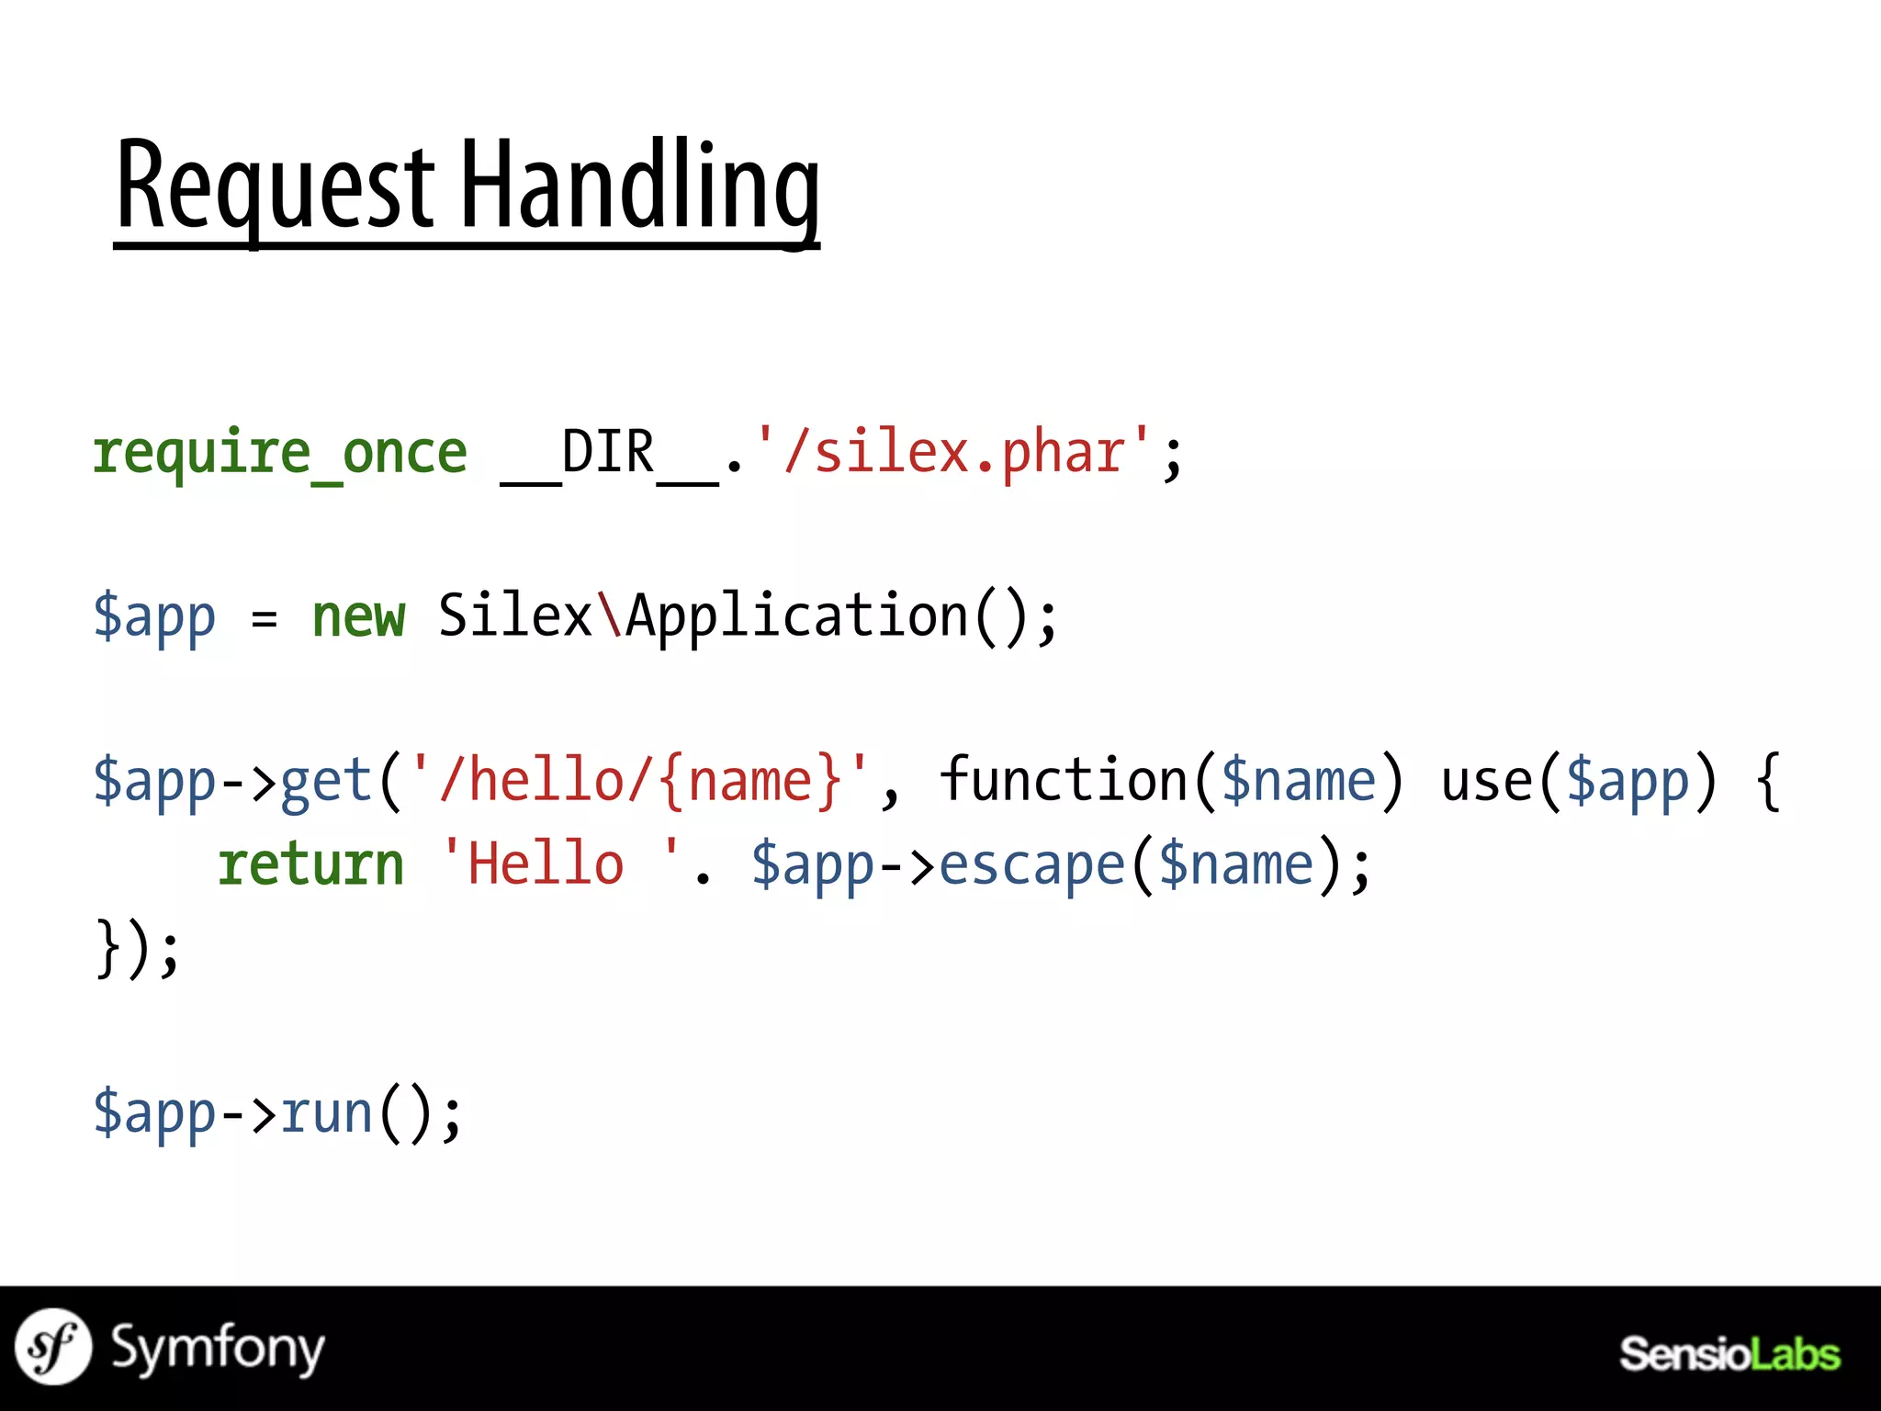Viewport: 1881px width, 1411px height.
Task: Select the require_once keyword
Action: [280, 453]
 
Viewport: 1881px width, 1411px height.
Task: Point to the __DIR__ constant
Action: [608, 453]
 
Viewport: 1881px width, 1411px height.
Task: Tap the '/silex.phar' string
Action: [952, 452]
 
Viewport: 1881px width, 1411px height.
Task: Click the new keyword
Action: [358, 616]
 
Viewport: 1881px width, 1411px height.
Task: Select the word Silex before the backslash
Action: [514, 615]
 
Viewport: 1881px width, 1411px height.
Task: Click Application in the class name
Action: [796, 616]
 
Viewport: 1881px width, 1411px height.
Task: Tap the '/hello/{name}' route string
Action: [639, 781]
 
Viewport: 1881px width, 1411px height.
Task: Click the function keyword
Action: [1065, 781]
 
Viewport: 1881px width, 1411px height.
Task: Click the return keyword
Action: [310, 865]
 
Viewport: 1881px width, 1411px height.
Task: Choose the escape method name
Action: [1031, 865]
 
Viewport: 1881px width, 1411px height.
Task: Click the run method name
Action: [326, 1113]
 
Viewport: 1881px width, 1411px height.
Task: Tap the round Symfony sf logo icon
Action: [53, 1347]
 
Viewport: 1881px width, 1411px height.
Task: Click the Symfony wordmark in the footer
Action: [218, 1349]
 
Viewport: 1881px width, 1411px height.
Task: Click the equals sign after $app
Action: [264, 618]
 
